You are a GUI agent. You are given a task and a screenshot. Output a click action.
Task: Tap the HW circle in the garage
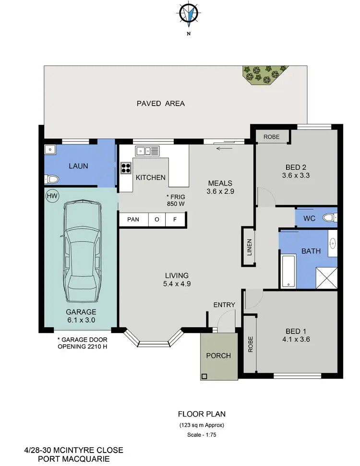tap(51, 196)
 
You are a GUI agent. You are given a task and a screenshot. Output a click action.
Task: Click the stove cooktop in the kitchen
tap(126, 168)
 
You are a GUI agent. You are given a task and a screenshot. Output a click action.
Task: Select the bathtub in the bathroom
tap(288, 272)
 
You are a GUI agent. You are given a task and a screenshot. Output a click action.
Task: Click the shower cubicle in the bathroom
tap(326, 278)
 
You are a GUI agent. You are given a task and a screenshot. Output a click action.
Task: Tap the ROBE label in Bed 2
tap(271, 137)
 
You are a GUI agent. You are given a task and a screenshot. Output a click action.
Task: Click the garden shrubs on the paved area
tap(262, 73)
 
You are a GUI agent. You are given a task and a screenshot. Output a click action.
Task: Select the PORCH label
tap(218, 356)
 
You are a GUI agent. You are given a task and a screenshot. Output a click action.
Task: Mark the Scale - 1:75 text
tap(202, 435)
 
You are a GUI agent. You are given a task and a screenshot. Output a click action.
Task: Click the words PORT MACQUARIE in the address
tap(73, 458)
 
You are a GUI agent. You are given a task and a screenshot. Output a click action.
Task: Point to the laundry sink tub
tap(50, 150)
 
